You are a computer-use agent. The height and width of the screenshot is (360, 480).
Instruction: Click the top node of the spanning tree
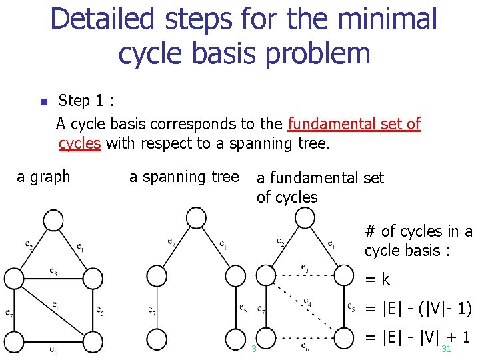tap(196, 217)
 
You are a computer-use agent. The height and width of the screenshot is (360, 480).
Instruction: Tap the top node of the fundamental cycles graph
tap(305, 217)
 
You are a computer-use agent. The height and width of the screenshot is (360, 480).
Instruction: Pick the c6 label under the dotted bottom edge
tap(304, 347)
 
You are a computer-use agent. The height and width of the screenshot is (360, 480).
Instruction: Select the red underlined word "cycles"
tap(79, 143)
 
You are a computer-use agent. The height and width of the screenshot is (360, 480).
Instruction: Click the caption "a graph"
tap(43, 177)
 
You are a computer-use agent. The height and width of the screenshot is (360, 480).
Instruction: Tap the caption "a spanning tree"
tap(183, 177)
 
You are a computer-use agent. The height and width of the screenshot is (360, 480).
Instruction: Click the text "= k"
tap(377, 279)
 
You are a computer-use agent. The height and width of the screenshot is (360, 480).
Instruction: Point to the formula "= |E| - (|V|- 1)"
tap(419, 309)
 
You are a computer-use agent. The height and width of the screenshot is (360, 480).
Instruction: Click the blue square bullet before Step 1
tap(42, 103)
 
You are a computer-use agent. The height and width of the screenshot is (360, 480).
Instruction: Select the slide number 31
tap(447, 349)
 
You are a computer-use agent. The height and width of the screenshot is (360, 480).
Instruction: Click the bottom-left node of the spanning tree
tap(157, 338)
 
